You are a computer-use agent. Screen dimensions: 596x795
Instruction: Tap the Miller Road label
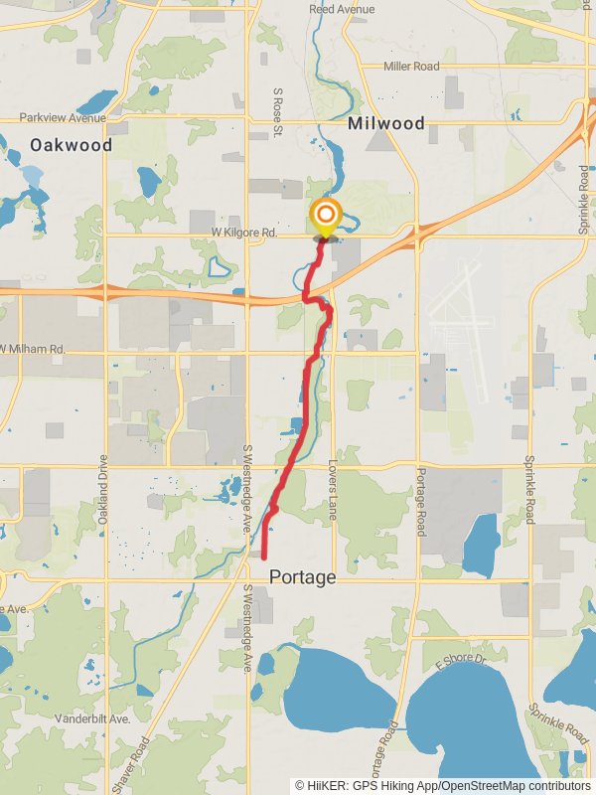coord(411,67)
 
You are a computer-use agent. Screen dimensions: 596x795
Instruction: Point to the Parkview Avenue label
coord(63,118)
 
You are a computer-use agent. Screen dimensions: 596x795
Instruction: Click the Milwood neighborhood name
coord(386,124)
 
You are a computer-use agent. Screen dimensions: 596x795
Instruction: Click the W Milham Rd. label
coord(33,349)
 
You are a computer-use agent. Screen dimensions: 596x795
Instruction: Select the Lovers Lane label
coord(334,491)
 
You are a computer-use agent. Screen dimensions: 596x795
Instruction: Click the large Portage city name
coord(302,577)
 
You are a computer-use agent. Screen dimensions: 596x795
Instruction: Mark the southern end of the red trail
coord(263,558)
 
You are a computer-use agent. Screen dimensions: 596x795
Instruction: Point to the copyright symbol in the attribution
coord(299,784)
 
